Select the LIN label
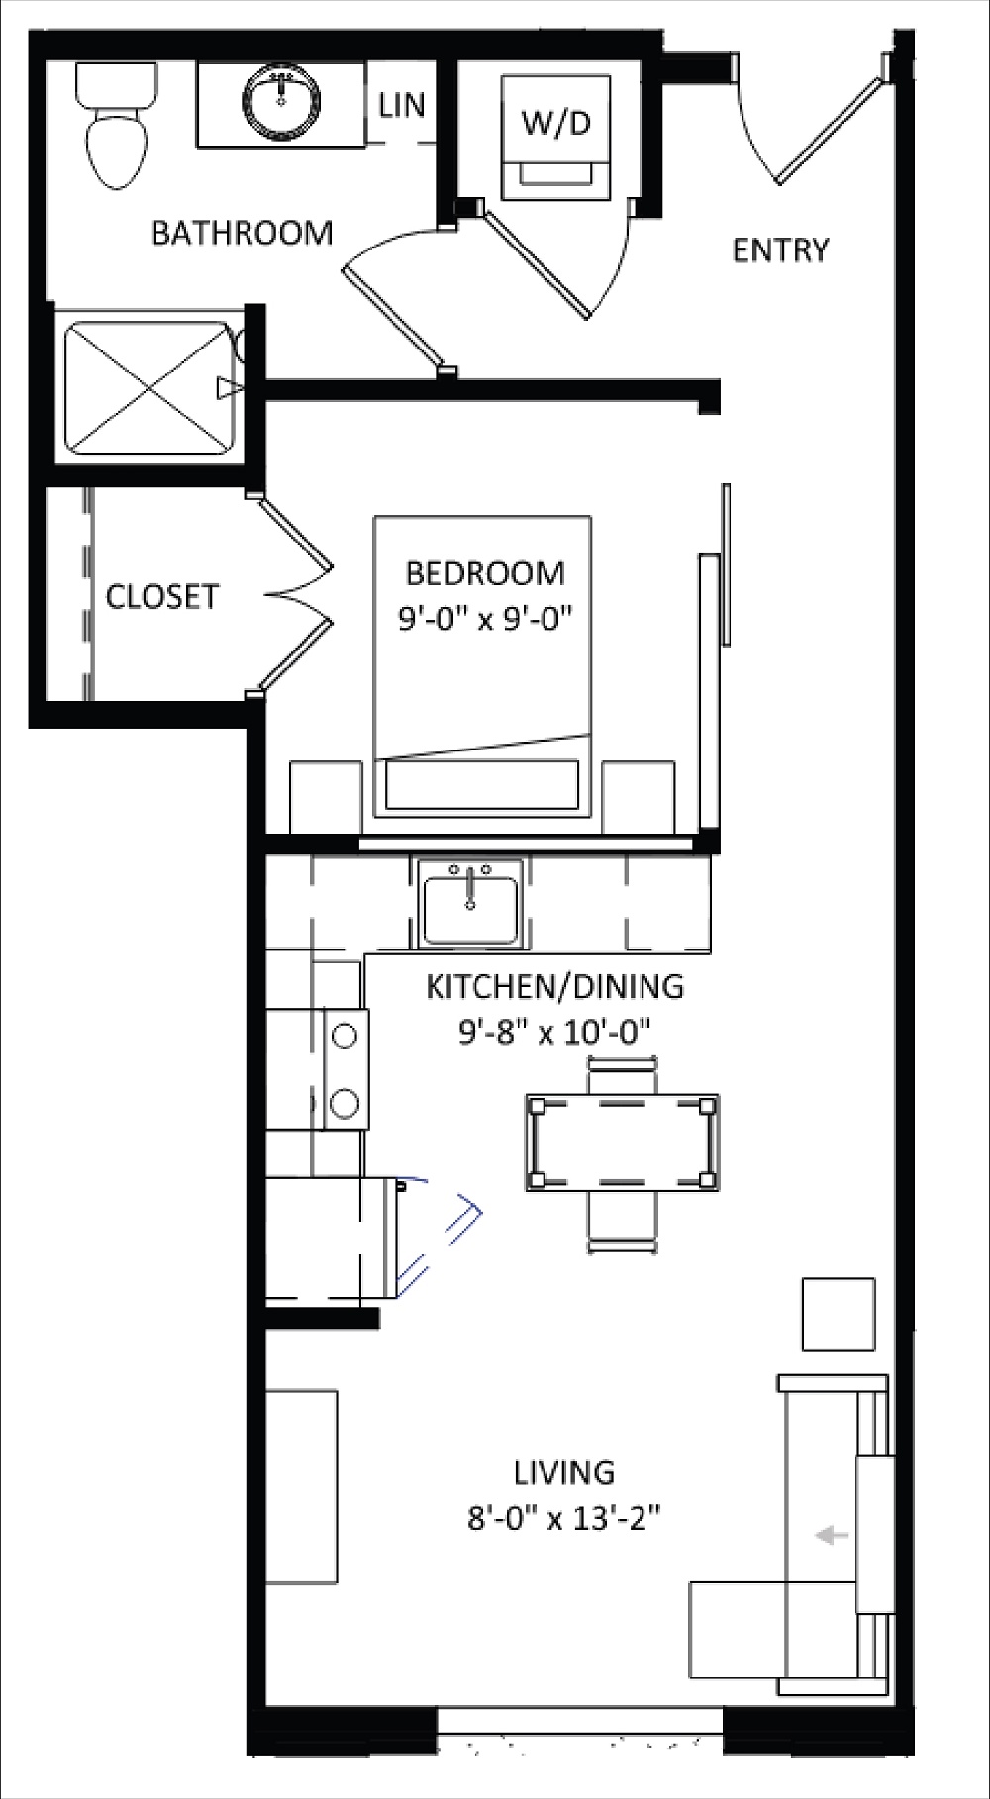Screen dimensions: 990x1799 coord(402,105)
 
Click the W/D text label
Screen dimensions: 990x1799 coord(555,122)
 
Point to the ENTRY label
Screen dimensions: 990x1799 coord(780,250)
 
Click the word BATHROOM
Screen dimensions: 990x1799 coord(242,233)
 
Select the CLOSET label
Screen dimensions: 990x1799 coord(161,596)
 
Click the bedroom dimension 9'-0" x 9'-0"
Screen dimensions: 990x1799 coord(485,620)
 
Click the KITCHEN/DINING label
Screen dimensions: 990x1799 coord(554,986)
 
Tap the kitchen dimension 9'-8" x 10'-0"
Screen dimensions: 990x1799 coord(554,1033)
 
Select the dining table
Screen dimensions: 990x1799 coord(622,1143)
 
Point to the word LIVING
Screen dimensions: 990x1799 coord(563,1472)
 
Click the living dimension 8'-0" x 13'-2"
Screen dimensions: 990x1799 coord(563,1518)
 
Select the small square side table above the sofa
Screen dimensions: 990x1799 coord(839,1314)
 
